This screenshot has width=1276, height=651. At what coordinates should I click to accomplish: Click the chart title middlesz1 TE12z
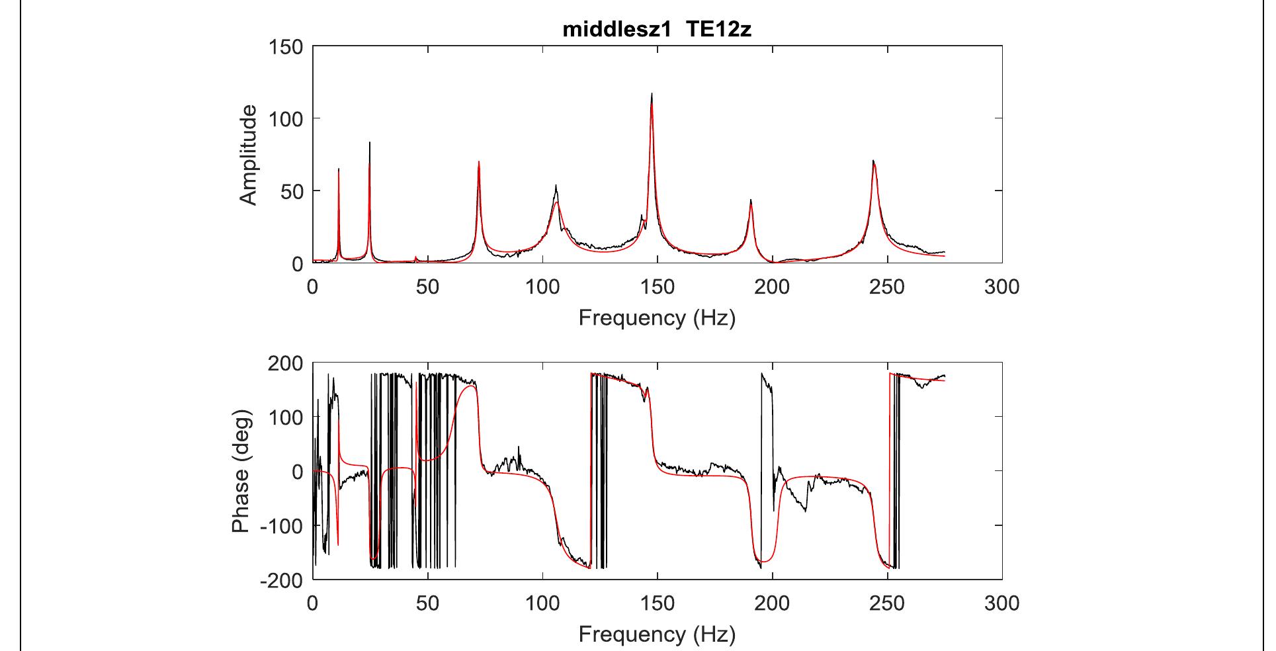pyautogui.click(x=657, y=30)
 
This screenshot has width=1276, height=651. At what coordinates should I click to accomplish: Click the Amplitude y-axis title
pyautogui.click(x=248, y=155)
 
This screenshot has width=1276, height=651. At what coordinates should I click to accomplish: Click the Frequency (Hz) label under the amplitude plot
pyautogui.click(x=657, y=318)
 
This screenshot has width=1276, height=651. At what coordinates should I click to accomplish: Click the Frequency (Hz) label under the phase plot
pyautogui.click(x=657, y=635)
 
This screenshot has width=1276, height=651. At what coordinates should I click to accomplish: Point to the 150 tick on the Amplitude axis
pyautogui.click(x=286, y=47)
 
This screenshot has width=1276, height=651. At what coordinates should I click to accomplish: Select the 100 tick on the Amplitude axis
pyautogui.click(x=286, y=119)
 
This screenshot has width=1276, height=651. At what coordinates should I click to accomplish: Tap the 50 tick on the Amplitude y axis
pyautogui.click(x=292, y=191)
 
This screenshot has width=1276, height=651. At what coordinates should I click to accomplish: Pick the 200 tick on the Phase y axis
pyautogui.click(x=286, y=363)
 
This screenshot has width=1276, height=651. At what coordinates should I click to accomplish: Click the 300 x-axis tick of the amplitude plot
pyautogui.click(x=1001, y=287)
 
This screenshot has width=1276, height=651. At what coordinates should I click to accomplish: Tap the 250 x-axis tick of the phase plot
pyautogui.click(x=887, y=603)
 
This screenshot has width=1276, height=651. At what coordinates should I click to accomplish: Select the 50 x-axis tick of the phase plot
pyautogui.click(x=428, y=603)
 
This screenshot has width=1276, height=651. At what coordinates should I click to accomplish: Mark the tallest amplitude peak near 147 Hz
pyautogui.click(x=652, y=93)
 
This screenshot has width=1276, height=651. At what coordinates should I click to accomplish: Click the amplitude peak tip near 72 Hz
pyautogui.click(x=478, y=161)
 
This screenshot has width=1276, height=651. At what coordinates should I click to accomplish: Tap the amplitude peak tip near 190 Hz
pyautogui.click(x=751, y=199)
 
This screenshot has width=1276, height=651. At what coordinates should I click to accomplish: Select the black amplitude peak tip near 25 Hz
pyautogui.click(x=370, y=142)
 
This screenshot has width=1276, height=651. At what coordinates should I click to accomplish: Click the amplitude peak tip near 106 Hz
pyautogui.click(x=556, y=185)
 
